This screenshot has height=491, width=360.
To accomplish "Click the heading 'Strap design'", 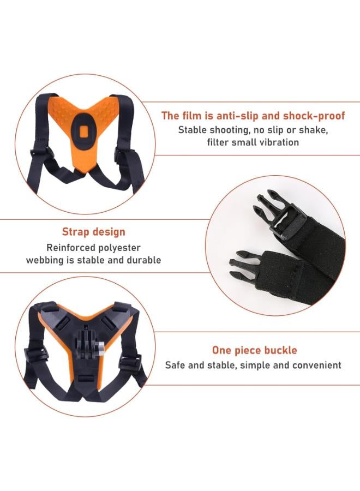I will [93, 232].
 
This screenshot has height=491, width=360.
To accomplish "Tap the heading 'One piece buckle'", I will [254, 350].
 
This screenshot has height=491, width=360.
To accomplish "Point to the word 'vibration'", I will [278, 142].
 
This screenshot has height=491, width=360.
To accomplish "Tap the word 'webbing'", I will [46, 260].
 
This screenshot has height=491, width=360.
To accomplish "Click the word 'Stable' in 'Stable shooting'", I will [193, 130].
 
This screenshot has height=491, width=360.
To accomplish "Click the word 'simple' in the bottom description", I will [265, 365].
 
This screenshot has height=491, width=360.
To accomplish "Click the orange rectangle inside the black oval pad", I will [84, 133].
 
